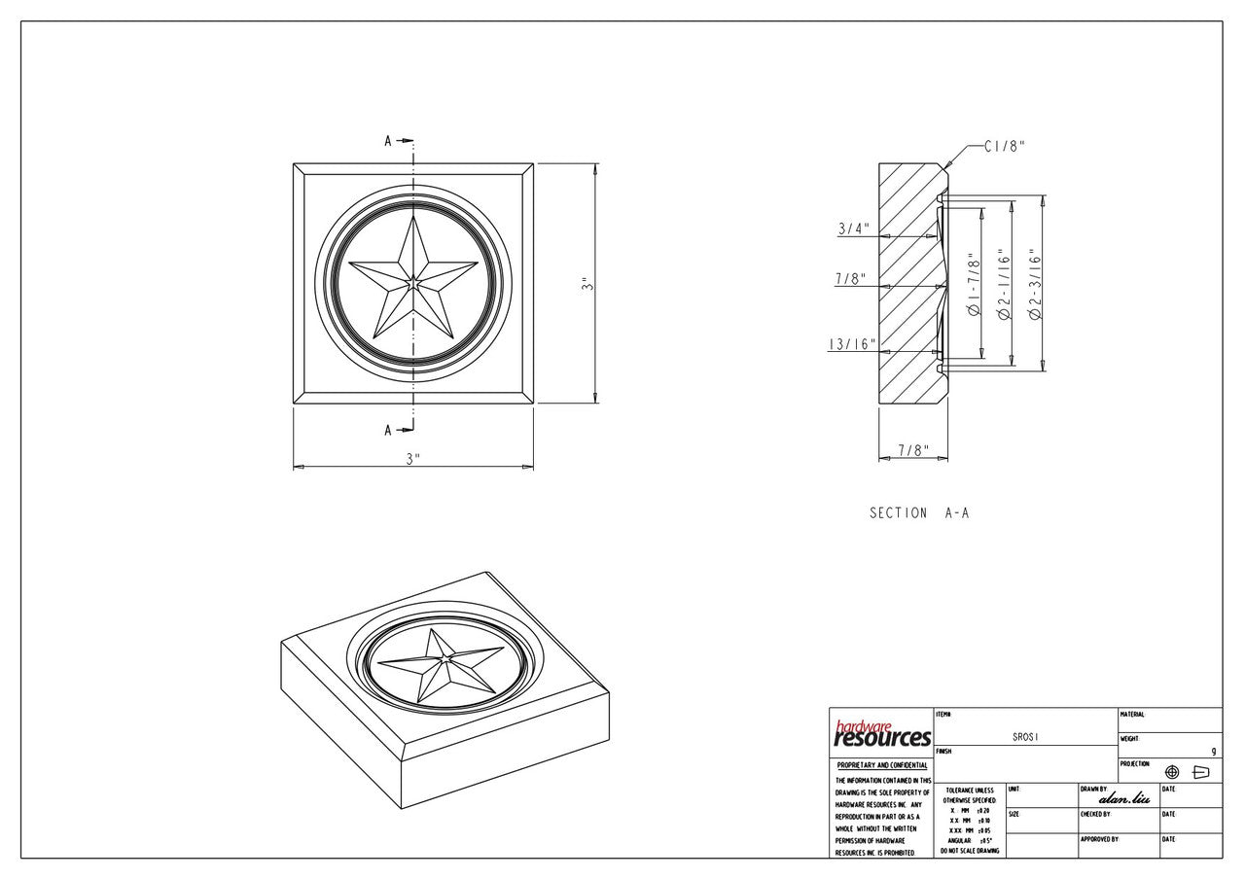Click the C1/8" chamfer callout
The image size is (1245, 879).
(x=1004, y=147)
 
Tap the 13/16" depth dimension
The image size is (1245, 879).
(x=852, y=344)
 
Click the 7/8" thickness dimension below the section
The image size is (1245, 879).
(x=912, y=450)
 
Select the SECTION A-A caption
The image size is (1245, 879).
(x=919, y=512)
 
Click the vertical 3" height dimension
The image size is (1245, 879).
(x=586, y=284)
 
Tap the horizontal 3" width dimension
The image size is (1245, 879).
(x=413, y=459)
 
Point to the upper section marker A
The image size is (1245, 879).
(x=388, y=141)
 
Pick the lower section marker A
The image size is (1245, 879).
(x=388, y=430)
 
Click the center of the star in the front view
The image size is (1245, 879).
(x=413, y=283)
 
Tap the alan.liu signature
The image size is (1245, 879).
(x=1123, y=798)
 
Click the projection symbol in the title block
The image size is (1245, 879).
(x=1186, y=772)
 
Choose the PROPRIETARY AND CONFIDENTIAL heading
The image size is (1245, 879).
(x=881, y=765)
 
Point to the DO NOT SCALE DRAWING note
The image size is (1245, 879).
(x=968, y=851)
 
